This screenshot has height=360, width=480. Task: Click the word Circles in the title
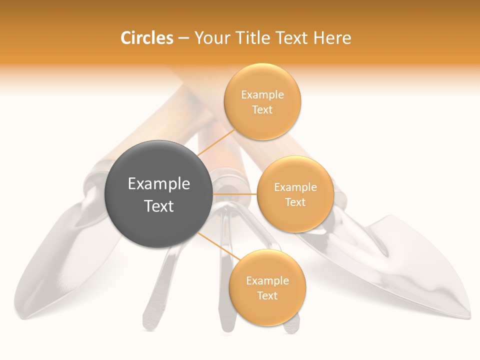pos(146,38)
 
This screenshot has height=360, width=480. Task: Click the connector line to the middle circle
pos(234,194)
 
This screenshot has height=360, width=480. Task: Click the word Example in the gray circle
pos(158,184)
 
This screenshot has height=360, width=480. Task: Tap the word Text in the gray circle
pos(158,206)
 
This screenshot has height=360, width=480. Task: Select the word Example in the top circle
pos(262,95)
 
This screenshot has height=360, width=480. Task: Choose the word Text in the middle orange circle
pos(295,202)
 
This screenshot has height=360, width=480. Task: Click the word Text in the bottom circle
pos(267,296)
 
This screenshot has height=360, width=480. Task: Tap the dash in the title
pos(183,38)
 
